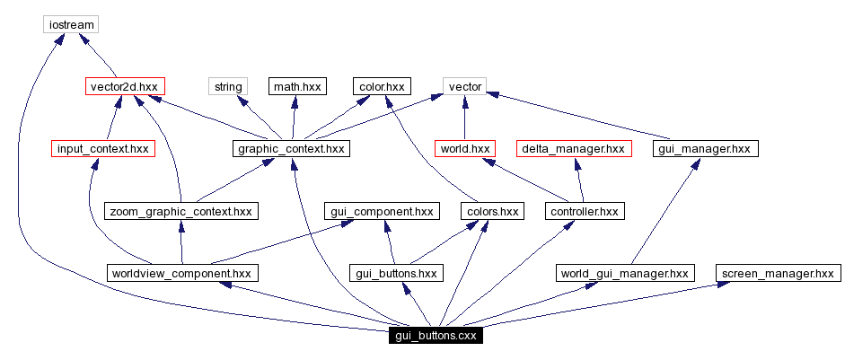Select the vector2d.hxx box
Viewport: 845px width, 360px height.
(x=125, y=86)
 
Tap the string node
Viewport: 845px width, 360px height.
(x=227, y=86)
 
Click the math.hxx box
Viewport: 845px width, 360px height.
(x=297, y=86)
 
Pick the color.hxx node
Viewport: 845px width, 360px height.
(x=382, y=86)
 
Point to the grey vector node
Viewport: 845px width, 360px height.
(x=465, y=86)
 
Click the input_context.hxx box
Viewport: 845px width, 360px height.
(x=102, y=148)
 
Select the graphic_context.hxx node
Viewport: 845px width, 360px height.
(x=290, y=148)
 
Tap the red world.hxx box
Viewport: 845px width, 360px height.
(x=465, y=148)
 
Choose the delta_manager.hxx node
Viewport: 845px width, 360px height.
(x=574, y=148)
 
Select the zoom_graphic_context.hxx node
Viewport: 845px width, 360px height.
(x=181, y=211)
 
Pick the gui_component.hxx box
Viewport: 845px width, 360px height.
(x=380, y=211)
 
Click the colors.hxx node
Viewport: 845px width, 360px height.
(x=491, y=211)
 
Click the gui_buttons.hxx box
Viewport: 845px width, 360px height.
(x=396, y=273)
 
